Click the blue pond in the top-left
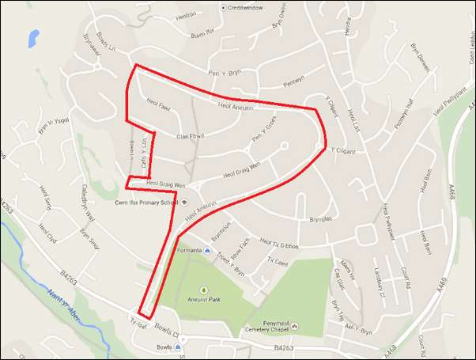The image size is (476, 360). [x=32, y=37]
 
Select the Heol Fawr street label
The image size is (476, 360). [x=159, y=103]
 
